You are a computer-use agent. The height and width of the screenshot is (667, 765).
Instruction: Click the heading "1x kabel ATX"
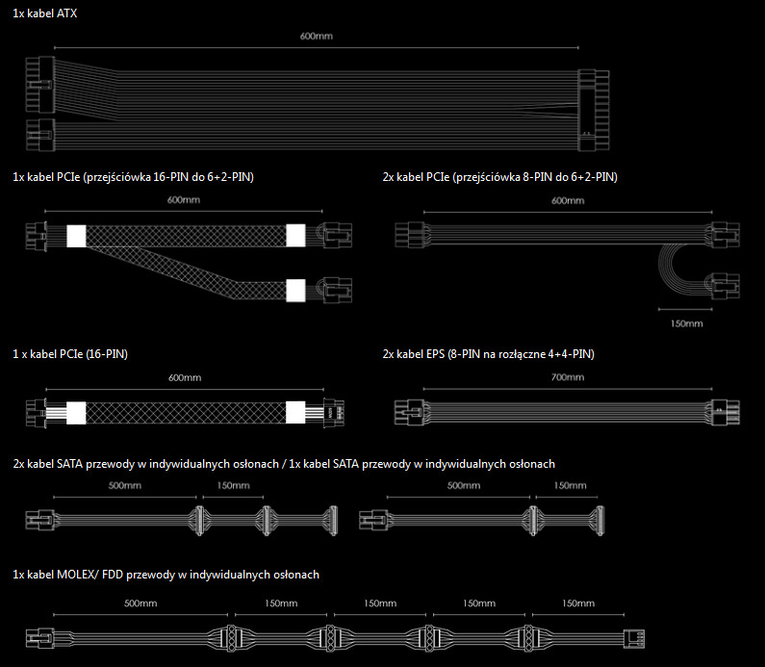tap(45, 13)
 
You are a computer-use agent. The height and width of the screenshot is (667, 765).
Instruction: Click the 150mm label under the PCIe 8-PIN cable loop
tap(686, 323)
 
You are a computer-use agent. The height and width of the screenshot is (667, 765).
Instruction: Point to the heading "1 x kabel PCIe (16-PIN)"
tap(70, 354)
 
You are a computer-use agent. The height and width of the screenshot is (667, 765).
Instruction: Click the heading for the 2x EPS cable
tap(489, 354)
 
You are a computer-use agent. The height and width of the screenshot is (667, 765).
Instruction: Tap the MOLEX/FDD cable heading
tap(166, 575)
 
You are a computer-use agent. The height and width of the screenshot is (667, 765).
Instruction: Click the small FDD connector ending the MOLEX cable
tap(634, 639)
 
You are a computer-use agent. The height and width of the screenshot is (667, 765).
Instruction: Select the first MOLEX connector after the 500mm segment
tap(231, 639)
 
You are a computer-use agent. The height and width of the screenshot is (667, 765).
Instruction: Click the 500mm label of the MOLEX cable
tap(140, 603)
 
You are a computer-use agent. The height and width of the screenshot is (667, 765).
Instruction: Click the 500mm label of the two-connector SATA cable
tap(464, 486)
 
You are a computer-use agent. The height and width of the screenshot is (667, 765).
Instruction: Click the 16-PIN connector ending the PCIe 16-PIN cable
tap(334, 413)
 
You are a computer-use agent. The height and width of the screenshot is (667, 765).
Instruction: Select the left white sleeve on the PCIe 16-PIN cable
tap(76, 413)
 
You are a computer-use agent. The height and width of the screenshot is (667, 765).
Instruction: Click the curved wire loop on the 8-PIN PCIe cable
tap(672, 266)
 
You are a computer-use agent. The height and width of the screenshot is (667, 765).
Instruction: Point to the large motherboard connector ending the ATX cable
tap(594, 111)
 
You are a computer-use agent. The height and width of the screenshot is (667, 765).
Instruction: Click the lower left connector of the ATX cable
tap(40, 135)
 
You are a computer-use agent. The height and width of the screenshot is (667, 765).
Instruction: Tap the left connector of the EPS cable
tap(410, 412)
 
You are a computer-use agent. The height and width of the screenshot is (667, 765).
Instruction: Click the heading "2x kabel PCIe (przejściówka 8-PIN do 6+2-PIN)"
tap(500, 177)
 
